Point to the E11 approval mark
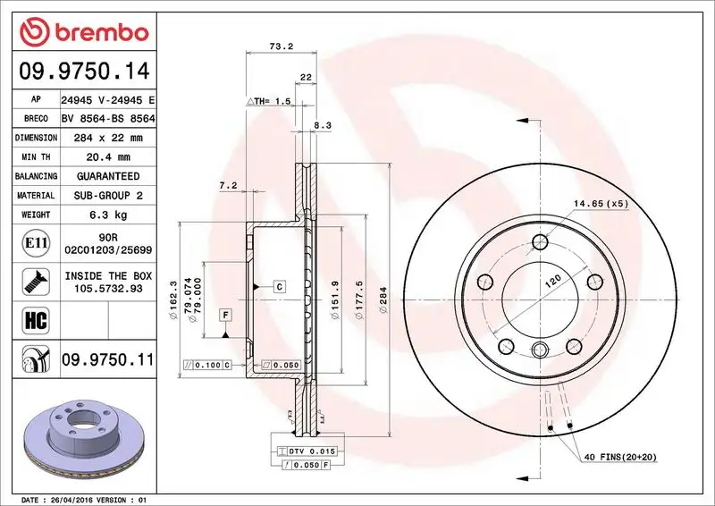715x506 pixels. click(31, 242)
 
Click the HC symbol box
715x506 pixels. click(31, 317)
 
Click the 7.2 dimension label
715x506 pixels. click(227, 185)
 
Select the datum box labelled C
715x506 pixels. click(278, 286)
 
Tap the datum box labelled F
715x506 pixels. click(225, 314)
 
